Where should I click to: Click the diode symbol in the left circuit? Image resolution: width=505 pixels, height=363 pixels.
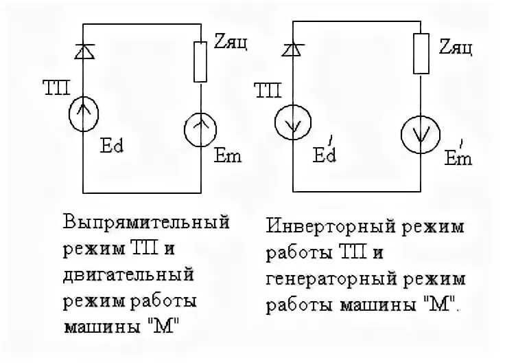[x=83, y=49]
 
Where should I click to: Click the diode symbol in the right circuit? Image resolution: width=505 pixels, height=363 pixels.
[x=293, y=48]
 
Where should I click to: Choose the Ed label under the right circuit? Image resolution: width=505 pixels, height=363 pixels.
[x=325, y=155]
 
